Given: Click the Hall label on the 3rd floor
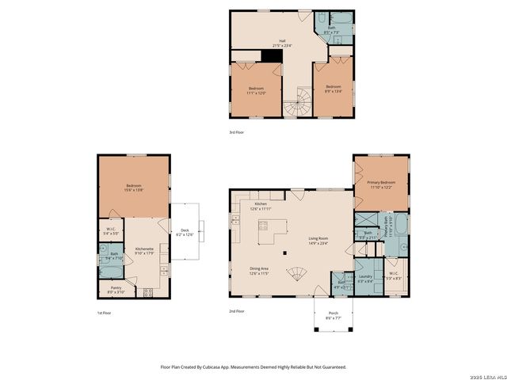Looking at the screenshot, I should point(276,44).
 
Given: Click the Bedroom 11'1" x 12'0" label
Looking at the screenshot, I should point(255,90).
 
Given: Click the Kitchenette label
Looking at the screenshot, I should point(143,251).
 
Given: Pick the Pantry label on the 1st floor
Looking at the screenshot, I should point(116,291).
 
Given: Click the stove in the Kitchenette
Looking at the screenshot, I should point(147,291).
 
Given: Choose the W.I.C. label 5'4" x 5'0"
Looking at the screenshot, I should point(111,232).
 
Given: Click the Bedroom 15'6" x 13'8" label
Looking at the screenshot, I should point(132,188).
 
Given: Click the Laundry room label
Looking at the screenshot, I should point(365,278).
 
